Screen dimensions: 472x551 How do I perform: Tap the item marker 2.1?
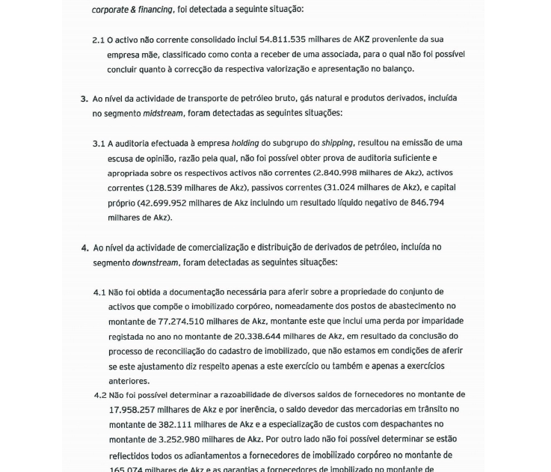98,40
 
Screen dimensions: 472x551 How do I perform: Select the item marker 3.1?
99,144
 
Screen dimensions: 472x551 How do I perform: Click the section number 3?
84,99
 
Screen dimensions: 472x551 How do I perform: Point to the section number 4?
84,248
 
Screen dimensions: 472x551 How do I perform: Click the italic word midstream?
162,114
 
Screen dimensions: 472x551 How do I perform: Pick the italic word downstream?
155,263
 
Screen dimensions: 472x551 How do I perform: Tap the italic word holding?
244,143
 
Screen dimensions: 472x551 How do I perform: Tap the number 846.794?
427,203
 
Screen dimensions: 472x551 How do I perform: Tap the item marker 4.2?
100,395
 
